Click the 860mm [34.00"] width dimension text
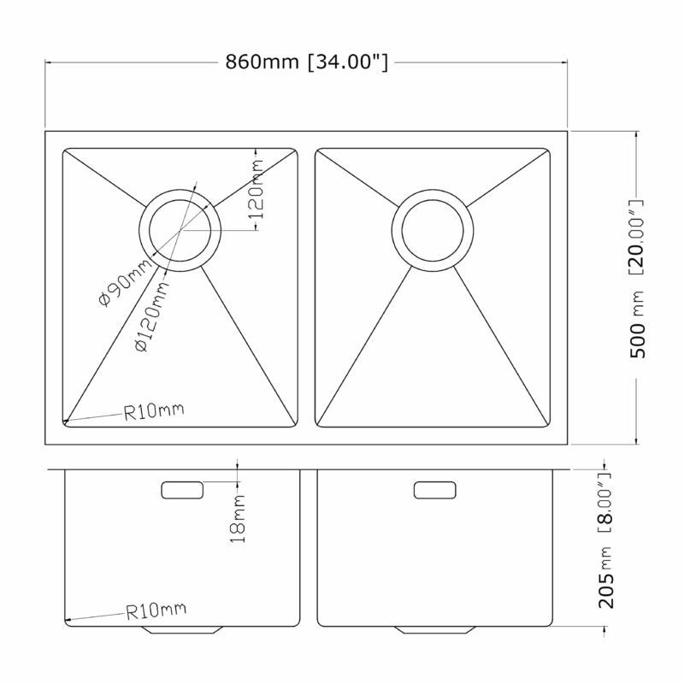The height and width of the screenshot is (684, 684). [307, 62]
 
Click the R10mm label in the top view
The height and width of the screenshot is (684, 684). [154, 413]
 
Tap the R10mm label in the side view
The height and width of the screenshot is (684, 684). [156, 611]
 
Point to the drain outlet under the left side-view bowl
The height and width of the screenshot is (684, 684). [182, 629]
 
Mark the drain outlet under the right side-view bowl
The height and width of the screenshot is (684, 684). [434, 629]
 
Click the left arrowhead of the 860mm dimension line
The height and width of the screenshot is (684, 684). [48, 62]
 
